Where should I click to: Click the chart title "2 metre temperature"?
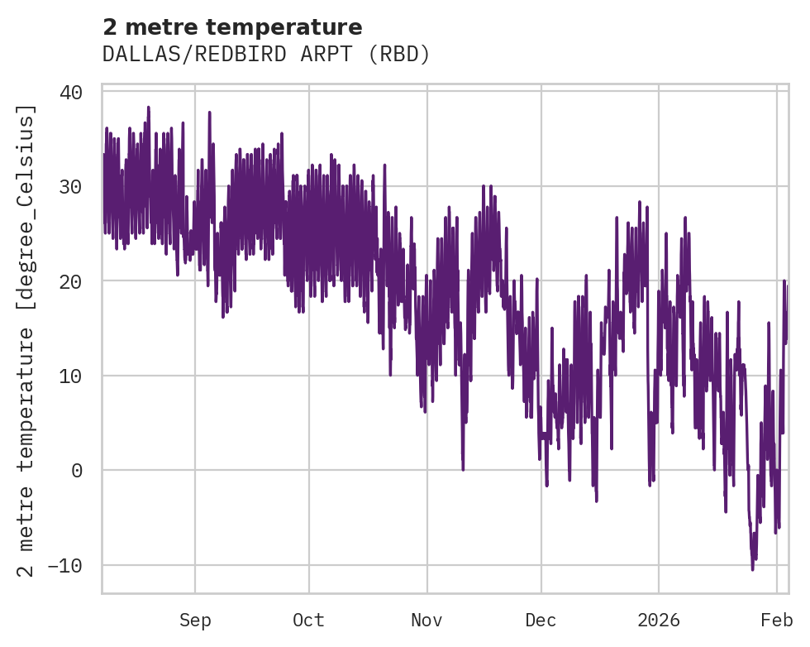[x=232, y=26]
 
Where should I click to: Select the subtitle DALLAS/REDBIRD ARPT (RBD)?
[x=266, y=54]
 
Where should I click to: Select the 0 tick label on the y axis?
[x=76, y=471]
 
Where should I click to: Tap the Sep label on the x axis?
[x=195, y=621]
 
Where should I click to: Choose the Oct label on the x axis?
[x=308, y=621]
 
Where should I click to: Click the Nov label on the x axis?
[x=427, y=621]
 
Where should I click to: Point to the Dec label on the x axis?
[x=541, y=621]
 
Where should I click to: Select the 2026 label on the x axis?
[x=659, y=621]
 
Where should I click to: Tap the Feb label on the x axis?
[x=777, y=621]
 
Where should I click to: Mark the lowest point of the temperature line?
[x=752, y=569]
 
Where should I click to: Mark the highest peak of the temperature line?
[x=148, y=107]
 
